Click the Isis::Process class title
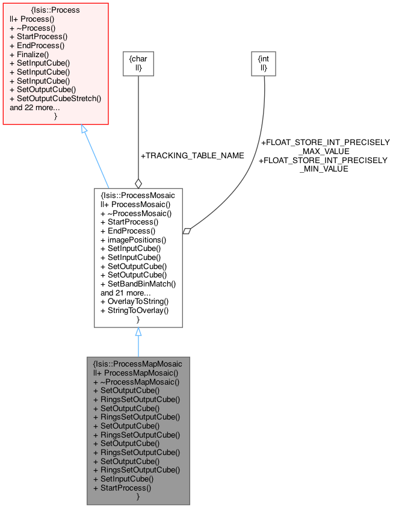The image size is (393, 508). coord(55,10)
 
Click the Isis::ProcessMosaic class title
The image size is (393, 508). coord(138,196)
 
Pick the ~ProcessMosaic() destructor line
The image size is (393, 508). coord(136,213)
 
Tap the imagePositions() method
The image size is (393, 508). coord(133,240)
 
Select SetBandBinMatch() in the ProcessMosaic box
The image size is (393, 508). coord(138,283)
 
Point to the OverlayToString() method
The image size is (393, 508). coord(134,301)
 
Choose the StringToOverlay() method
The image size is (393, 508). coord(134,310)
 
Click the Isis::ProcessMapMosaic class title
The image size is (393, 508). coord(138,364)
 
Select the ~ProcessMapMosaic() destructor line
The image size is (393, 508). coord(137,382)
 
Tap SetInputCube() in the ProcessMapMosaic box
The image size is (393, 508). coord(123,479)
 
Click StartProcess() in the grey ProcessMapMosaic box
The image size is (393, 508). coord(122,488)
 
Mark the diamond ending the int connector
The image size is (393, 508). coord(187,231)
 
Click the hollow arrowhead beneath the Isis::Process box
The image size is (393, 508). coord(85,129)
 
